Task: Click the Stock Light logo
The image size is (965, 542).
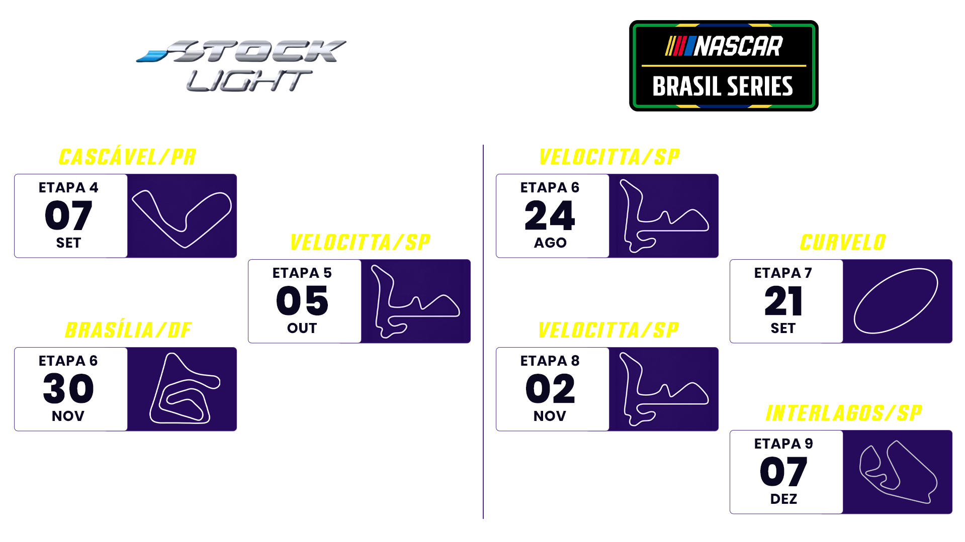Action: [241, 65]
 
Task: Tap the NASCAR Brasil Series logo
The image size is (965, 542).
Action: [724, 66]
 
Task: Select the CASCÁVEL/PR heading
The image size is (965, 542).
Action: [127, 156]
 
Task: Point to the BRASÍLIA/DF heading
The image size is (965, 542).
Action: [128, 330]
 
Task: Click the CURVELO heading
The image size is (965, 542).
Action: [843, 242]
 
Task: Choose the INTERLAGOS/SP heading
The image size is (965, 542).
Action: [844, 413]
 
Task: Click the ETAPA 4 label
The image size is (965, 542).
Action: [68, 187]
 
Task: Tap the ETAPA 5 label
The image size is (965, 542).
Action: [302, 273]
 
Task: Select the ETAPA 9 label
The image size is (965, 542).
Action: [783, 444]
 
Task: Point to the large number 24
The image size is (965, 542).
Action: [550, 215]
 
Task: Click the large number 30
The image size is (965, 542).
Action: [68, 389]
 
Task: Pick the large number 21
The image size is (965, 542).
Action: [783, 301]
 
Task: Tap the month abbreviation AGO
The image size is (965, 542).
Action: [550, 243]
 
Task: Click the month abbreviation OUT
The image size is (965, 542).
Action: [302, 328]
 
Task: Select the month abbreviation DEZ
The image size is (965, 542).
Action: [783, 499]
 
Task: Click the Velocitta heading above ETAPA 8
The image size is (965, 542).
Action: [608, 330]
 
